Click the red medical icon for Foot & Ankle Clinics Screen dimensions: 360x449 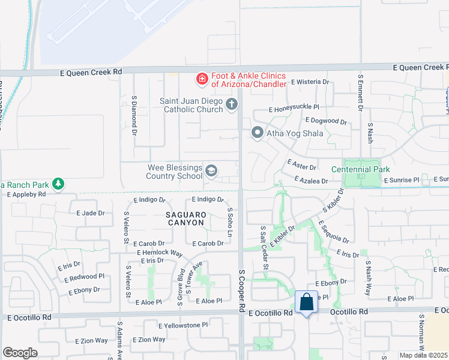tap(202, 78)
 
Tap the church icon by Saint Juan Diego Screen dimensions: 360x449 tap(231, 105)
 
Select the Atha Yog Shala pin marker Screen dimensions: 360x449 tap(258, 133)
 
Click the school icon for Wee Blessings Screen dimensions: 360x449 tap(211, 172)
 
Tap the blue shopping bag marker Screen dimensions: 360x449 tap(306, 302)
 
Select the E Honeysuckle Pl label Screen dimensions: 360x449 tap(294, 110)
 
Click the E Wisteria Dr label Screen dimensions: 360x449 tap(310, 82)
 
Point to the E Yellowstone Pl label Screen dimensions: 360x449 tap(183, 325)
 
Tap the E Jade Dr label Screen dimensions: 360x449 tap(91, 213)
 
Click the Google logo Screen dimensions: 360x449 tap(20, 353)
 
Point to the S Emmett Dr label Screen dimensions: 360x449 tap(361, 94)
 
